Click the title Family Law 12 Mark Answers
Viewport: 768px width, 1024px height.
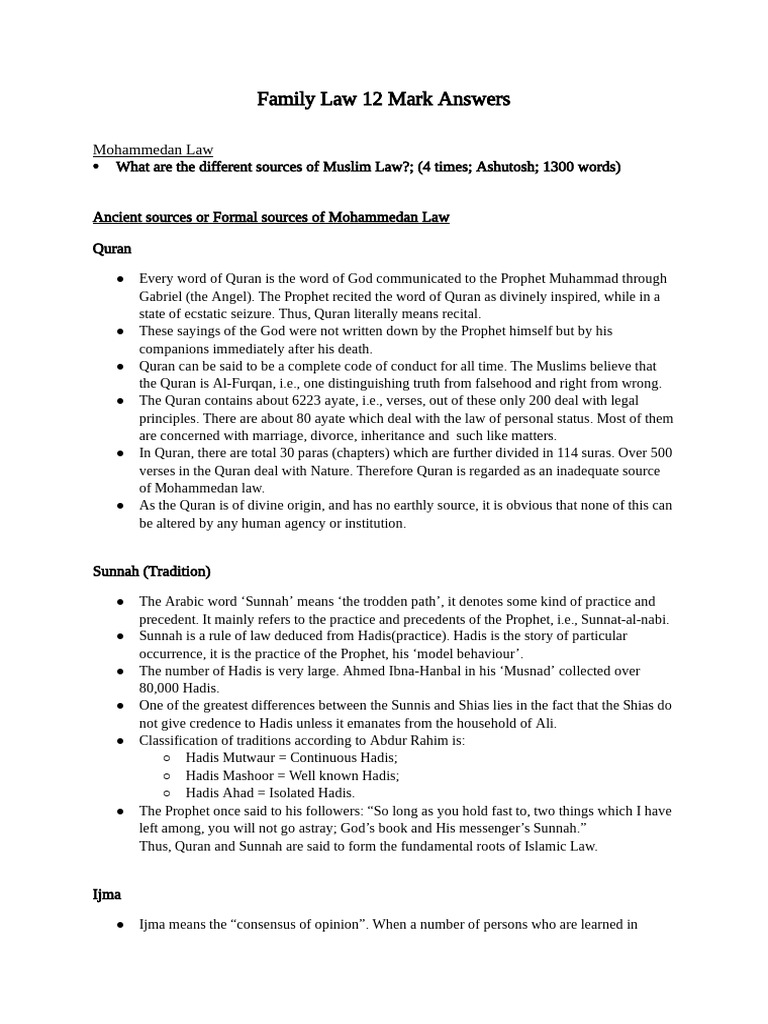384,98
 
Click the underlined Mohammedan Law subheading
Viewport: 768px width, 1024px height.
152,150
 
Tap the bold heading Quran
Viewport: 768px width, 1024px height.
112,247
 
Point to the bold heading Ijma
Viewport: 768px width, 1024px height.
108,894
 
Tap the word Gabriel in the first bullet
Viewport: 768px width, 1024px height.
162,296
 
